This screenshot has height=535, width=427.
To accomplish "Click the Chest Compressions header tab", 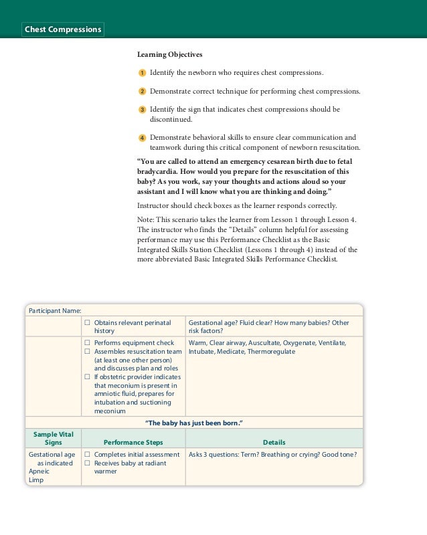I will click(63, 29).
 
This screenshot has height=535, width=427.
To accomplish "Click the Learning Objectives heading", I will click(169, 54).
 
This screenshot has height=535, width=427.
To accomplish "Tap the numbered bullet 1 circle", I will click(142, 72).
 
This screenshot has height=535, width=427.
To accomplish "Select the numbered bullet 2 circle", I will click(142, 91).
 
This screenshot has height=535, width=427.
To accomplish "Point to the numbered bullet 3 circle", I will click(142, 110).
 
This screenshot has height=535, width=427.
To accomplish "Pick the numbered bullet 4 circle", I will click(142, 138).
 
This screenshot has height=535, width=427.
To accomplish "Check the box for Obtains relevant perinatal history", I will click(87, 323).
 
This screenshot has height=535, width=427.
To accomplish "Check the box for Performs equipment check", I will click(87, 343).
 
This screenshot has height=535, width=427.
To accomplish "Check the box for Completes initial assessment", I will click(87, 455).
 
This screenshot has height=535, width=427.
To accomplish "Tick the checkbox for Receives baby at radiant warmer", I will click(87, 463).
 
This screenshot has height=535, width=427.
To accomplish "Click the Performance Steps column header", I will click(133, 443).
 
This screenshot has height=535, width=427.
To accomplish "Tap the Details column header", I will click(274, 443).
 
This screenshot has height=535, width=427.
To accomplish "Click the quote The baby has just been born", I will click(193, 423).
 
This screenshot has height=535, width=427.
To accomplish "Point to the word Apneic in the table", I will click(39, 471).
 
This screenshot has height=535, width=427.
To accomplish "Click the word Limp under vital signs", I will click(35, 480).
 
